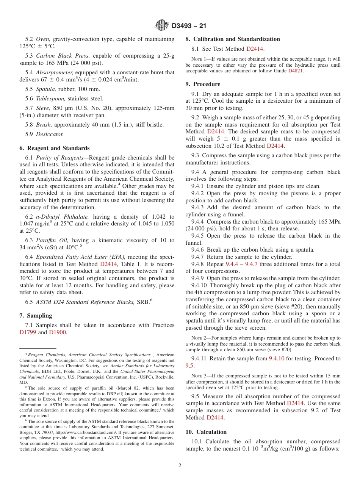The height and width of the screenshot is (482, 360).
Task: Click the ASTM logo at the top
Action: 162,26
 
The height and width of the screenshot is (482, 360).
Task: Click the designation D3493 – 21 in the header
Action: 189,26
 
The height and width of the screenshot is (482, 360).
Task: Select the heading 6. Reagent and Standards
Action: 55,148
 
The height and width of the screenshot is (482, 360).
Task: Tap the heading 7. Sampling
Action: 36,316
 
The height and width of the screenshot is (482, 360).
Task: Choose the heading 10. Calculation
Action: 206,432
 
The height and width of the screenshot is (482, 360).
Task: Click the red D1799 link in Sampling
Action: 28,332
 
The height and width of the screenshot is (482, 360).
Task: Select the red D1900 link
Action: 58,332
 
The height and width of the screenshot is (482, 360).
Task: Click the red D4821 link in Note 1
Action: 295,71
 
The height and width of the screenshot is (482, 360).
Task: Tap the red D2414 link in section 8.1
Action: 255,49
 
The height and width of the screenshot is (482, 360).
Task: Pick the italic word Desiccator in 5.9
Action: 50,134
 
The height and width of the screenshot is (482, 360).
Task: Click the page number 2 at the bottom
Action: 180,466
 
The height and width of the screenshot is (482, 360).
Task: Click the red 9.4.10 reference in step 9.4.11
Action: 277,358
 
